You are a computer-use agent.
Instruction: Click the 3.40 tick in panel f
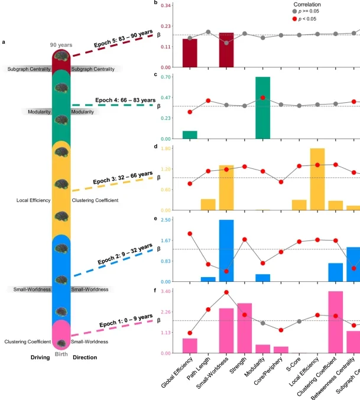(167, 292)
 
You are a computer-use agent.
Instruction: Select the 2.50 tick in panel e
(167, 220)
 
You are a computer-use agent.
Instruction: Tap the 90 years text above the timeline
(61, 45)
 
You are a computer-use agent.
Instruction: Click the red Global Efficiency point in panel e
(190, 234)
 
